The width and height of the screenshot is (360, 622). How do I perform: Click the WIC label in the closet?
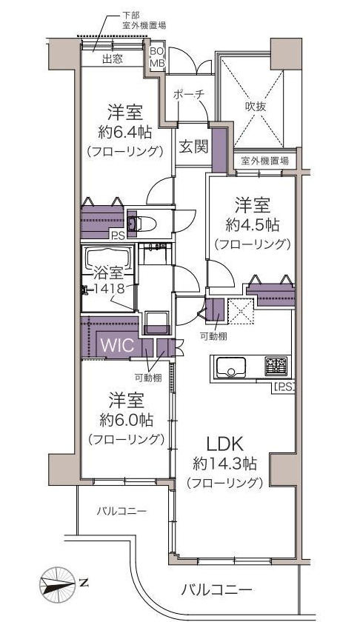117,345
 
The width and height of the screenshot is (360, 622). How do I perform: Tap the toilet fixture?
140,224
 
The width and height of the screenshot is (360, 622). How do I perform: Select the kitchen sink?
230,367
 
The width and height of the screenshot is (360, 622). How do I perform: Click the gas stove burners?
276,366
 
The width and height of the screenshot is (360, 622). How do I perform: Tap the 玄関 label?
193,147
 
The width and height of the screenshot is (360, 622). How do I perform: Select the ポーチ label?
189,95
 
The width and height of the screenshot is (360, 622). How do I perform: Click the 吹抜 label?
256,107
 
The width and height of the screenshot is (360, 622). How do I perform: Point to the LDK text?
224,445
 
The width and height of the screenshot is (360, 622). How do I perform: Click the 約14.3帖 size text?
224,464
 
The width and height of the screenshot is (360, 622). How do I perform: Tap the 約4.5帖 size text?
252,225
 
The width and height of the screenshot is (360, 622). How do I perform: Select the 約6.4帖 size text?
124,131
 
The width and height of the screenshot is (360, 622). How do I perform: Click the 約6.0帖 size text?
126,420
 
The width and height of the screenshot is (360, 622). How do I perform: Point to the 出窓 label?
113,59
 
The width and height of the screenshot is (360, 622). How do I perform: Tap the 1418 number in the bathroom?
113,287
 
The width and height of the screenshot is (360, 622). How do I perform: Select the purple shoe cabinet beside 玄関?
219,150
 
